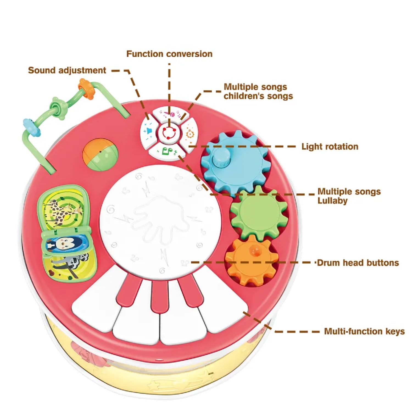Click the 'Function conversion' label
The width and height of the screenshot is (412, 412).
[169, 54]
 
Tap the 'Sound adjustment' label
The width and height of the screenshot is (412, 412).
[67, 70]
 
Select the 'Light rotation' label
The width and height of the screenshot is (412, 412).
[330, 146]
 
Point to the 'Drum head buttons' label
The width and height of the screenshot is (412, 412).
[358, 263]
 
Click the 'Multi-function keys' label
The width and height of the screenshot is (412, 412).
[364, 331]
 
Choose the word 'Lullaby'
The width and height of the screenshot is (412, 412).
[332, 201]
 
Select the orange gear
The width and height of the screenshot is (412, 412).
[251, 260]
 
